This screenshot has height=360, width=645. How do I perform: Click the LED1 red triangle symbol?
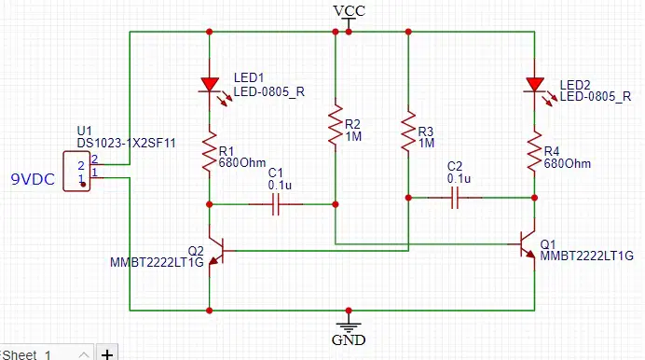click(210, 84)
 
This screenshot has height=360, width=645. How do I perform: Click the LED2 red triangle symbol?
click(535, 84)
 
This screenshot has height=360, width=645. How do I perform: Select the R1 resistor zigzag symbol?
click(210, 151)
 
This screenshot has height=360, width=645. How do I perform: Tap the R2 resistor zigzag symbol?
click(336, 125)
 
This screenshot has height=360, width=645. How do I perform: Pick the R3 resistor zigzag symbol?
click(408, 131)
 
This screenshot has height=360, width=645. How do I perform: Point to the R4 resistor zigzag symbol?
click(535, 151)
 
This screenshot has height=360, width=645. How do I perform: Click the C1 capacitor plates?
click(276, 204)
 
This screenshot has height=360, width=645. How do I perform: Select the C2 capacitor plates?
click(455, 198)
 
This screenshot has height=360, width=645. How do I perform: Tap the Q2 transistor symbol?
click(217, 251)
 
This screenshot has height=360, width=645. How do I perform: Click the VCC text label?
click(350, 11)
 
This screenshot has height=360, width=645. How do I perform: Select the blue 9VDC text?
click(33, 179)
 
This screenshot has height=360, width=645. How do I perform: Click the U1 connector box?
click(77, 172)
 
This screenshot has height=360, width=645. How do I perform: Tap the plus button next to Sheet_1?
click(107, 354)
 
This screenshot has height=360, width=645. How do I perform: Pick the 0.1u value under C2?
click(460, 179)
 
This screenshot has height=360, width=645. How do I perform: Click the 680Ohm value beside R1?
click(242, 163)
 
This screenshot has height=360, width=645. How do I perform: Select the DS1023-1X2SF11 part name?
click(126, 144)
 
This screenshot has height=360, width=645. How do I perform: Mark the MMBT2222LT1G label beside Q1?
click(587, 256)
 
